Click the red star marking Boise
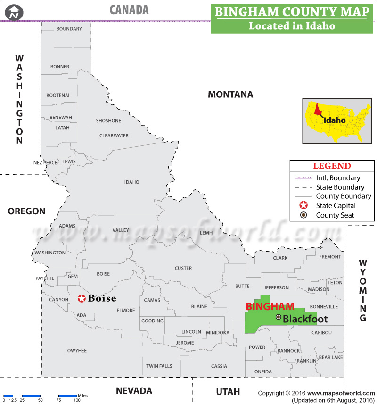(x=82, y=298)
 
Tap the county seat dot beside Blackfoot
(x=279, y=317)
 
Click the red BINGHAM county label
(x=270, y=306)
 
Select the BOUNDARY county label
(x=69, y=29)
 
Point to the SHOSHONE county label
(x=108, y=121)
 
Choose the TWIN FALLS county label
(x=159, y=366)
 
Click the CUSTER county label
(x=183, y=268)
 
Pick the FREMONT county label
(x=330, y=257)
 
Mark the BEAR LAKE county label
(x=331, y=358)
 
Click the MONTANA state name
(x=230, y=94)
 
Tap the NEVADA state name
(x=134, y=391)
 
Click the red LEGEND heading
(x=332, y=166)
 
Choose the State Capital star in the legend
(x=304, y=205)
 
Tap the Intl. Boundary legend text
(x=338, y=178)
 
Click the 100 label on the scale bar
(x=76, y=400)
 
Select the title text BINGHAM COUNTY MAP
(x=291, y=12)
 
